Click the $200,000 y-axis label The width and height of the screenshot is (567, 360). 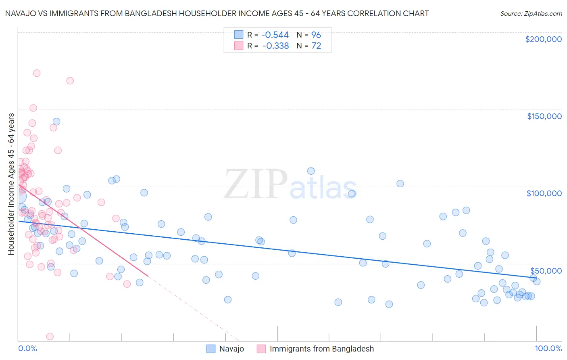click(543, 39)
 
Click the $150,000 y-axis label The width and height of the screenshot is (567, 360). click(544, 116)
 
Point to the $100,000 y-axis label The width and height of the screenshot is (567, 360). click(544, 193)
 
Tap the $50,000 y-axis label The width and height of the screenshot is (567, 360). click(546, 271)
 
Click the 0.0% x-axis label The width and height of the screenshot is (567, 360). click(27, 348)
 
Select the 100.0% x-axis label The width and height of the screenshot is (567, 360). click(548, 348)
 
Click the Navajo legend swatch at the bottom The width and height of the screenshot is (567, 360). click(211, 349)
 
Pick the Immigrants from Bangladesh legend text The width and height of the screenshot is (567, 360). click(321, 349)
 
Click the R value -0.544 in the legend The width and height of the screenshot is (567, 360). click(275, 35)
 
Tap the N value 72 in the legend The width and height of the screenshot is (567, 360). click(316, 46)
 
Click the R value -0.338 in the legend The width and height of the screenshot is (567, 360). click(275, 46)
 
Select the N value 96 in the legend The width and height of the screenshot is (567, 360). click(316, 35)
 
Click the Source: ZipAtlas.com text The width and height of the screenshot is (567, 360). click(531, 14)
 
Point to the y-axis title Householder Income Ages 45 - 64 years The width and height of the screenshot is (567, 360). click(11, 184)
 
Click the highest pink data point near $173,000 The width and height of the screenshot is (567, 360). click(36, 73)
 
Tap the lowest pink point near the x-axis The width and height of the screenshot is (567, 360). click(50, 336)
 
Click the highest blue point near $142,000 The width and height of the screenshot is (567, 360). click(56, 121)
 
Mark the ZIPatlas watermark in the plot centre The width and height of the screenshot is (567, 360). click(290, 185)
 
